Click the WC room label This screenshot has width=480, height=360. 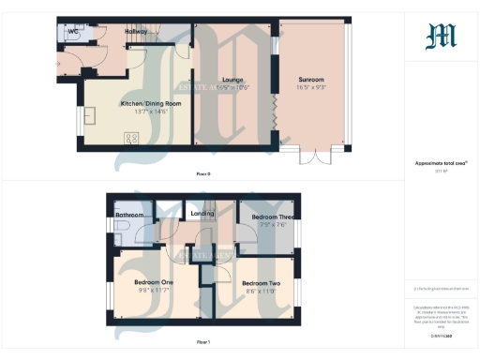coord(73,31)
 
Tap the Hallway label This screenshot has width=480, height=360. coord(137,31)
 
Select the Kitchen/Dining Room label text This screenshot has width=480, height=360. coord(144,103)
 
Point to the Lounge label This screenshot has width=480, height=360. coord(232,80)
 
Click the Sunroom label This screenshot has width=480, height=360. coord(311,80)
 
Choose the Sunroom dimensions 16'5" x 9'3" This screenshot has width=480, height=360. coord(311,87)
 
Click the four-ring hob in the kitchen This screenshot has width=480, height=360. coord(132,137)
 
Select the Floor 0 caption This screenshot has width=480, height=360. coord(202,174)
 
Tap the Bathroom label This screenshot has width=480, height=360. coord(130,215)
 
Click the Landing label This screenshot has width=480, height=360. coord(202,214)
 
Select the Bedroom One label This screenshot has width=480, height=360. coord(153,283)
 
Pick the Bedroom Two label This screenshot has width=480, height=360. coord(261,283)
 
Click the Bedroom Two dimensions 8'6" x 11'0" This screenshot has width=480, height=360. coord(261,291)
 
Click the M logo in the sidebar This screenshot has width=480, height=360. coord(442,37)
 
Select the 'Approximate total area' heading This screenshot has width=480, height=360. coord(442,163)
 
